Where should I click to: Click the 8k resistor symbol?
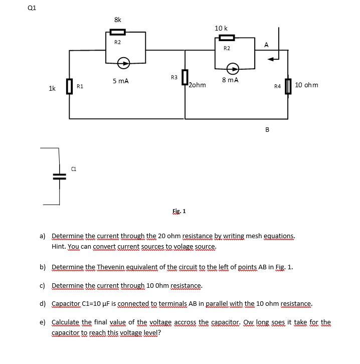[117, 32]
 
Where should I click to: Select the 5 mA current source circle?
[123, 63]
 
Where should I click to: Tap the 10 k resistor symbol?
[227, 38]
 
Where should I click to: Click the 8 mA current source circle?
[233, 68]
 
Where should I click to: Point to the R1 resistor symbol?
[69, 86]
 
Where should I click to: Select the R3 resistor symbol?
[185, 78]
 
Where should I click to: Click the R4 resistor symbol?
[288, 86]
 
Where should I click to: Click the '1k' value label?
[52, 89]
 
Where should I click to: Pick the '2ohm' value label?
[197, 85]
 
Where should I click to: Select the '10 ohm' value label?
[306, 85]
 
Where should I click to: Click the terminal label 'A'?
[266, 45]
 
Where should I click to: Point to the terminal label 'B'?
[267, 129]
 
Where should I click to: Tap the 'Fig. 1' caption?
[179, 211]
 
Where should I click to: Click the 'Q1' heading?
[33, 8]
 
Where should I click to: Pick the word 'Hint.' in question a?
[59, 247]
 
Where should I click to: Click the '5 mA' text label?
[120, 81]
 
